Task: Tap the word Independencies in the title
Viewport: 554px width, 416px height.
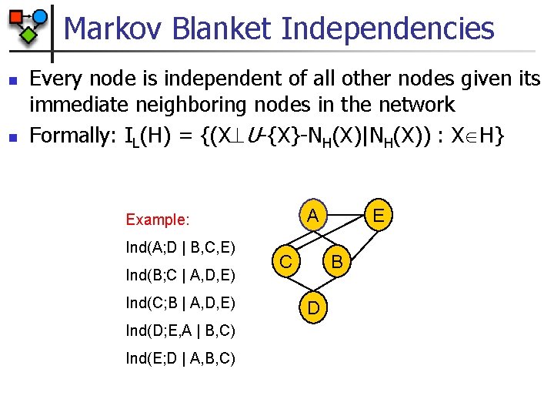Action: [x=388, y=29]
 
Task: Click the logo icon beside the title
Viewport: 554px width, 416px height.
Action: [x=27, y=25]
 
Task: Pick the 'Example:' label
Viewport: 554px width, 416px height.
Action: [x=157, y=220]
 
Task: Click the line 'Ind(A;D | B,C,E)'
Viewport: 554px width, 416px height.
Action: [x=180, y=248]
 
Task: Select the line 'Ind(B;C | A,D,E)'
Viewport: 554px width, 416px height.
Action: [x=180, y=275]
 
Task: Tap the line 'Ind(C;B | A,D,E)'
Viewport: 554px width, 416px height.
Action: [x=180, y=303]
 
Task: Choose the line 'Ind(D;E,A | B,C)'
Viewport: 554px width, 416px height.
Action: [x=180, y=330]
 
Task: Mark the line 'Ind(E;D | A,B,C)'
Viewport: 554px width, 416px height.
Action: [x=180, y=358]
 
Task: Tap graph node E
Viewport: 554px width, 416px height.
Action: [x=378, y=213]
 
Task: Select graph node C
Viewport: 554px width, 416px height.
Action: [x=285, y=262]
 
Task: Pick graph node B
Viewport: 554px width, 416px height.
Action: [x=336, y=262]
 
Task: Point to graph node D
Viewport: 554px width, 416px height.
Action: [x=314, y=308]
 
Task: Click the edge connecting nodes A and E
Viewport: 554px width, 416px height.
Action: [x=345, y=210]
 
